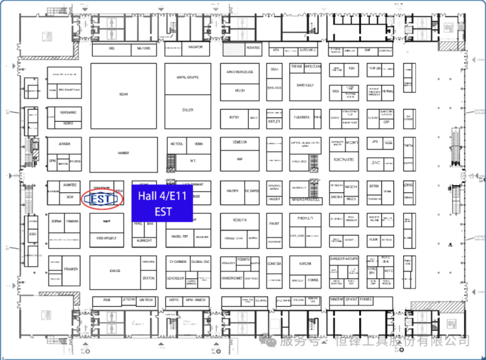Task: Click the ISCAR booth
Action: pos(123,95)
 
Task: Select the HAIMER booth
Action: pos(123,153)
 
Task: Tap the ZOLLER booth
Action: pos(188,111)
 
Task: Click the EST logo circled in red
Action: pos(102,198)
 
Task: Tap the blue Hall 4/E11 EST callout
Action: pos(163,203)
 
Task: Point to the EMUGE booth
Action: pos(115,271)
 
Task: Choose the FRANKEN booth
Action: pos(71,269)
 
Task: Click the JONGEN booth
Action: pos(64,144)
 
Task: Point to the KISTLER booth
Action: pos(274,121)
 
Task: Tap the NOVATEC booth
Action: pos(253,47)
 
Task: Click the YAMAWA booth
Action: pos(72,221)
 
